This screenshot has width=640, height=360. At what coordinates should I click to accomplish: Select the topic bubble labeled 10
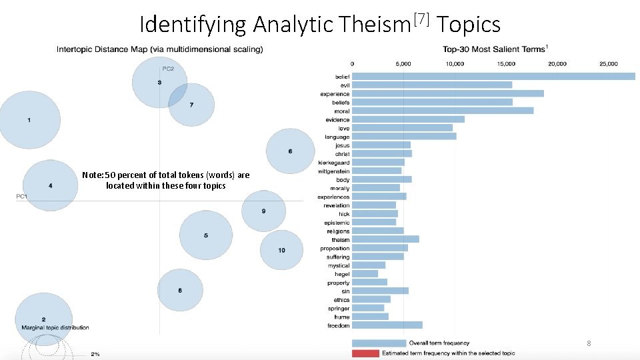click(282, 250)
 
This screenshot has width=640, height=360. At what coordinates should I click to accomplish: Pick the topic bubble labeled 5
click(206, 235)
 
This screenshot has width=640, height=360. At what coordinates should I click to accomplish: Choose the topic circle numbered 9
click(263, 211)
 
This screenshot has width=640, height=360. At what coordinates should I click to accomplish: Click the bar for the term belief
click(493, 77)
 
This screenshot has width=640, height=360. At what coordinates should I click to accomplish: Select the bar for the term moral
click(443, 111)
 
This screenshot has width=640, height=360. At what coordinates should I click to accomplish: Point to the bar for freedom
click(387, 325)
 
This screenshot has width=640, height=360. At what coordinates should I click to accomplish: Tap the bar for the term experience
click(448, 94)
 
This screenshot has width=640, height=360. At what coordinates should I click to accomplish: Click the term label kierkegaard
click(334, 163)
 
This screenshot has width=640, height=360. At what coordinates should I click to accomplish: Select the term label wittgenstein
click(334, 171)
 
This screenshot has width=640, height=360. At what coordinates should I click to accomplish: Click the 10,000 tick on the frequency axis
click(455, 64)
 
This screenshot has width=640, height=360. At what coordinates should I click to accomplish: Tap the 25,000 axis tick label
click(608, 64)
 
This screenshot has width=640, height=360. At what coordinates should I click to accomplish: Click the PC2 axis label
click(168, 68)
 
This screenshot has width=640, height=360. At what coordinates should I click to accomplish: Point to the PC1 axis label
click(22, 196)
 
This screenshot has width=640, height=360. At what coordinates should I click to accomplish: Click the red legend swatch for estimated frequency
click(365, 353)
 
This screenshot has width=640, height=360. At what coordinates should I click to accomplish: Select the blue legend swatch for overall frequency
click(379, 343)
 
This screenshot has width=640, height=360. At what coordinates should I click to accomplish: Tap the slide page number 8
click(589, 343)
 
